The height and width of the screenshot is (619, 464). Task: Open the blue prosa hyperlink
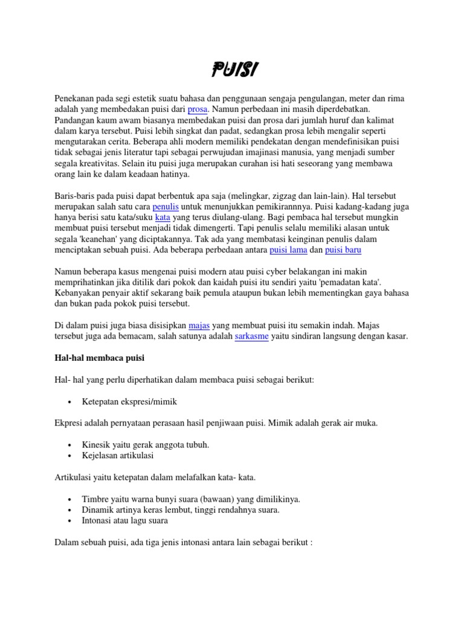pyautogui.click(x=198, y=109)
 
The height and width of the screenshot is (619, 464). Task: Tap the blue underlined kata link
pyautogui.click(x=163, y=217)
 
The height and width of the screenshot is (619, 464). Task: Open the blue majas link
pyautogui.click(x=199, y=326)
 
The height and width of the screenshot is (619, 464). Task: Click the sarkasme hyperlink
pyautogui.click(x=251, y=337)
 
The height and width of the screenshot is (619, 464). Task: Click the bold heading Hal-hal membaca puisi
pyautogui.click(x=99, y=358)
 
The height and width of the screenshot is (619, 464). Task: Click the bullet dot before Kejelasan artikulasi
pyautogui.click(x=71, y=456)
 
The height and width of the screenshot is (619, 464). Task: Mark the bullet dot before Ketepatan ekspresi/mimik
pyautogui.click(x=71, y=401)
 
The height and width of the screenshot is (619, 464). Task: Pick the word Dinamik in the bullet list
pyautogui.click(x=98, y=510)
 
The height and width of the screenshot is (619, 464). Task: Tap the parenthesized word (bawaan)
pyautogui.click(x=220, y=499)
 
